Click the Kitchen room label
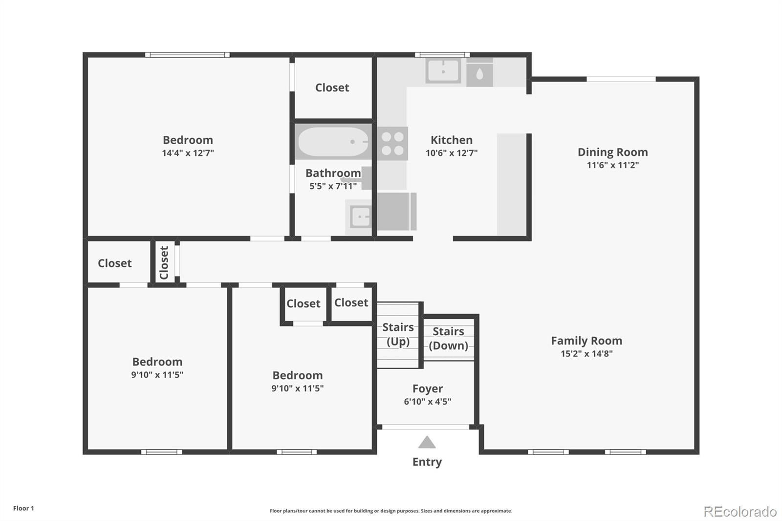pyautogui.click(x=452, y=140)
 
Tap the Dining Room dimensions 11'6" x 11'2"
pyautogui.click(x=613, y=165)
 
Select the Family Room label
pyautogui.click(x=586, y=341)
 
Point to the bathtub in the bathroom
pyautogui.click(x=333, y=141)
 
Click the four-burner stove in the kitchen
pyautogui.click(x=392, y=144)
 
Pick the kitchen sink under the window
pyautogui.click(x=443, y=71)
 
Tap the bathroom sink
pyautogui.click(x=359, y=217)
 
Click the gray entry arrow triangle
pyautogui.click(x=427, y=442)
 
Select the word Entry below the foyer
pyautogui.click(x=427, y=462)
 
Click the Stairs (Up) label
pyautogui.click(x=398, y=334)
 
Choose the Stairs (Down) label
pyautogui.click(x=448, y=338)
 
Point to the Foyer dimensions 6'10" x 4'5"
pyautogui.click(x=427, y=402)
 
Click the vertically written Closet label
pyautogui.click(x=164, y=262)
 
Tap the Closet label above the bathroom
pyautogui.click(x=332, y=87)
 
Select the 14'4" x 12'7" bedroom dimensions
pyautogui.click(x=188, y=153)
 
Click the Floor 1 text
pyautogui.click(x=23, y=508)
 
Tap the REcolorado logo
pyautogui.click(x=740, y=512)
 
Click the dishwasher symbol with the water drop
pyautogui.click(x=479, y=73)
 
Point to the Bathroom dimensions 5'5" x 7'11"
pyautogui.click(x=333, y=186)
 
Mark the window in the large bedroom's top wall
pyautogui.click(x=188, y=55)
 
